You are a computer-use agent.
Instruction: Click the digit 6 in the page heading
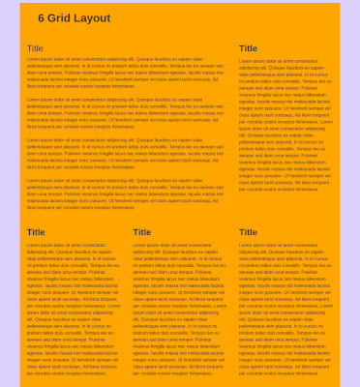click(x=42, y=18)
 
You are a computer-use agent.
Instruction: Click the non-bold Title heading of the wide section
click(x=35, y=48)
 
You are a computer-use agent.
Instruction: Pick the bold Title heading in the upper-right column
click(x=248, y=48)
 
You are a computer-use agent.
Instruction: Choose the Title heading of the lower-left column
click(x=36, y=232)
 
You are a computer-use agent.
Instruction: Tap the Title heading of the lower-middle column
click(x=141, y=232)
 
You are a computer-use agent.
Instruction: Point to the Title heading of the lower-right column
click(x=248, y=232)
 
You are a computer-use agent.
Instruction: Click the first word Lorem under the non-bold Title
click(x=33, y=60)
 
